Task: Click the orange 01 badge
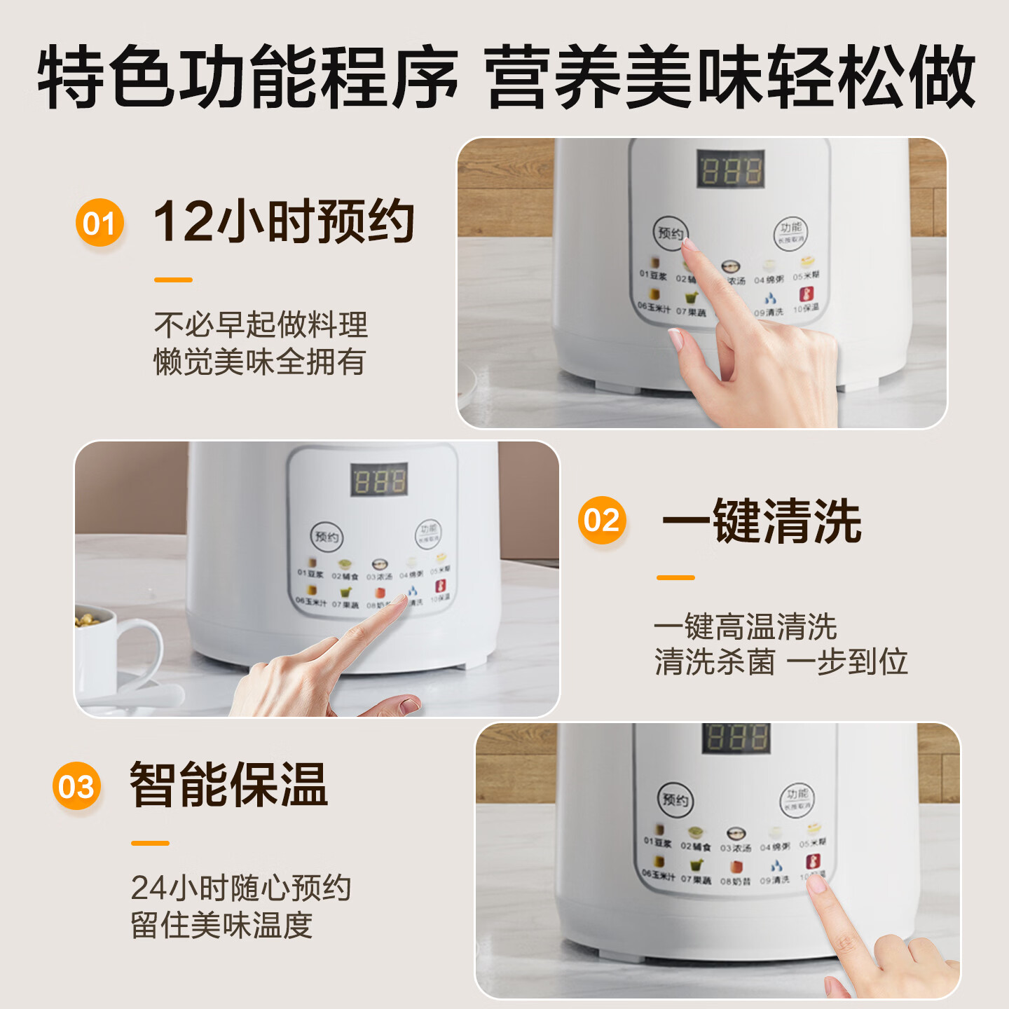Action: point(99,223)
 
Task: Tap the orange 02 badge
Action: point(602,520)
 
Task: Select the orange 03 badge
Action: point(76,786)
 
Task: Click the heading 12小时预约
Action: point(284,221)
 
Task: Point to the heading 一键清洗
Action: point(761,521)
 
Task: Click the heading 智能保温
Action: point(228,785)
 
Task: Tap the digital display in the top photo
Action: point(731,170)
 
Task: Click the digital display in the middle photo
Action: point(379,480)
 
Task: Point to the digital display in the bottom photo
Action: point(736,739)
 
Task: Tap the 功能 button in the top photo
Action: point(790,232)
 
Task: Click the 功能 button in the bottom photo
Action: point(797,799)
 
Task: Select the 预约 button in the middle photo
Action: point(327,537)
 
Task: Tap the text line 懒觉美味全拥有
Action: point(260,362)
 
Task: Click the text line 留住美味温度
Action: point(221,925)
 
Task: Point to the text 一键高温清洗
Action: point(745,626)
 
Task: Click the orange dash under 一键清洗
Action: point(675,577)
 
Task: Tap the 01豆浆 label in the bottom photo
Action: point(657,842)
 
